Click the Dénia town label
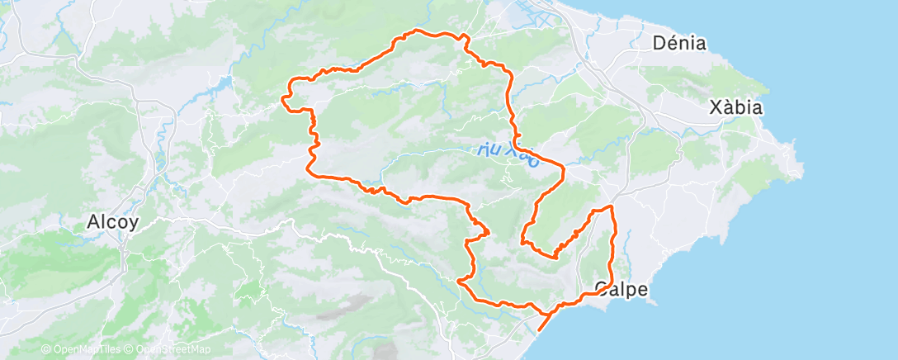click(679, 43)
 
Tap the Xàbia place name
click(736, 107)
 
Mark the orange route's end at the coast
click(539, 330)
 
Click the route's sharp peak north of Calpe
click(612, 206)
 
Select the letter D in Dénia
click(659, 43)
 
